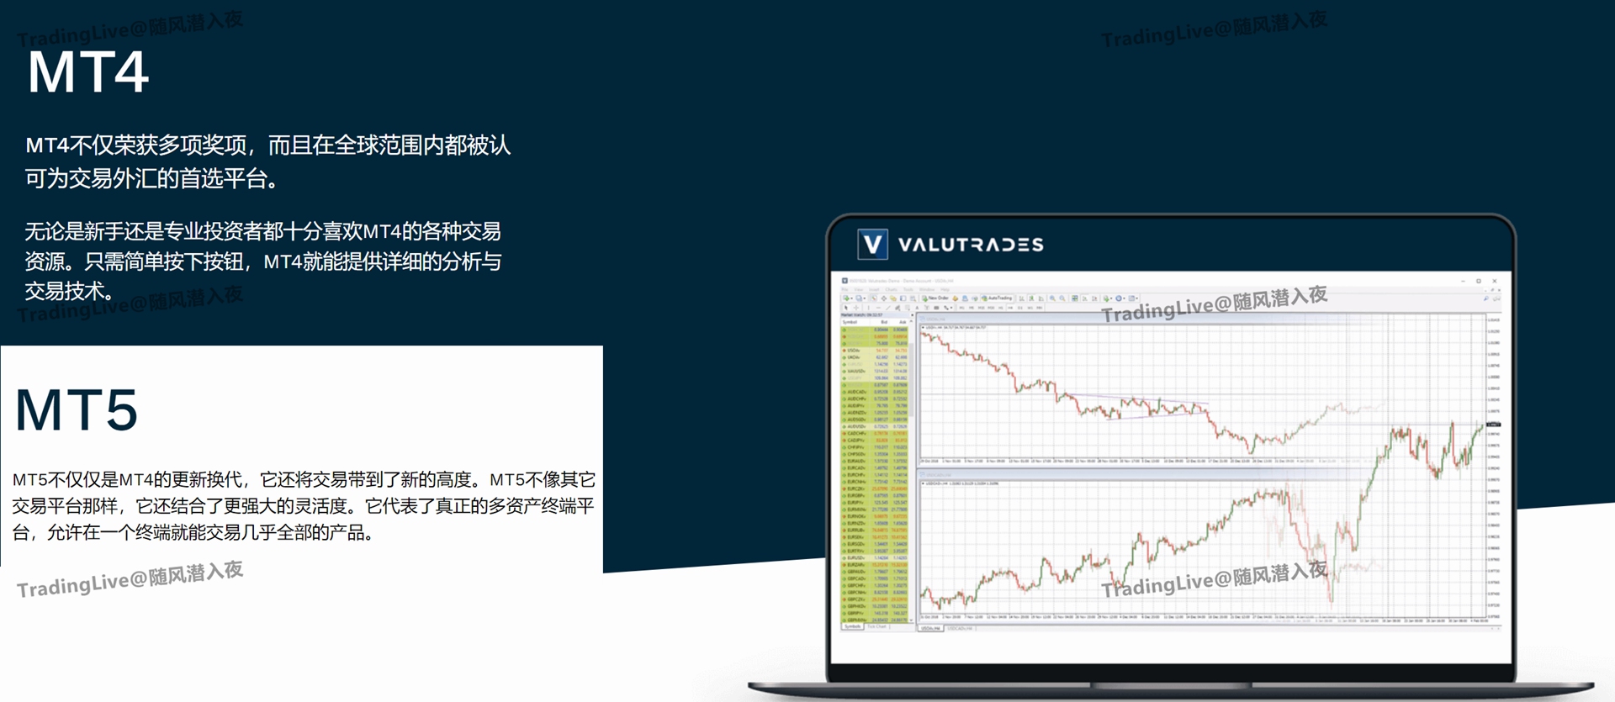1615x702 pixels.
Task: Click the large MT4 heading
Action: tap(88, 72)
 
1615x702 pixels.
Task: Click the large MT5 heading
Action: tap(77, 410)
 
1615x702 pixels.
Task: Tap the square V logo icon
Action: tap(872, 245)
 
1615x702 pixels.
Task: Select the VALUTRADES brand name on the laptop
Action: tap(971, 245)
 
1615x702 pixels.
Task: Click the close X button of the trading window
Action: tap(1495, 281)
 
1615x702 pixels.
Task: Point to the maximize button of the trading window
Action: tap(1479, 281)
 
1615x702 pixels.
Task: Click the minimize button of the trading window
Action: tap(1464, 281)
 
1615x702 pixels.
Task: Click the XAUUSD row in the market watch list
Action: tap(856, 371)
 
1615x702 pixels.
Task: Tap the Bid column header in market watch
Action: tap(883, 322)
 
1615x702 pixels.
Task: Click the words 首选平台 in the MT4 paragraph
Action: tap(224, 178)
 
